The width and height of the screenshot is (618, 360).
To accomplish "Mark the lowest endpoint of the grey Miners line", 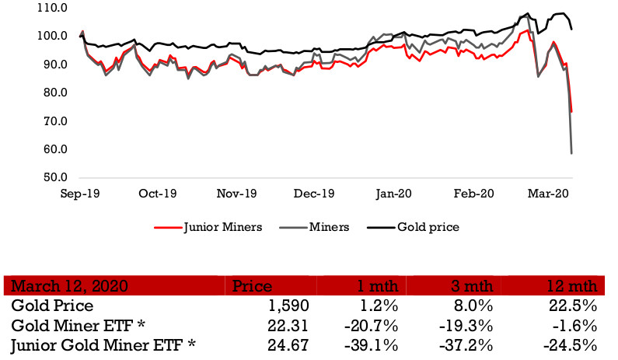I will tap(572, 153).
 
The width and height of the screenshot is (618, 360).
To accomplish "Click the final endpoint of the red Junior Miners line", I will tap(572, 111).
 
